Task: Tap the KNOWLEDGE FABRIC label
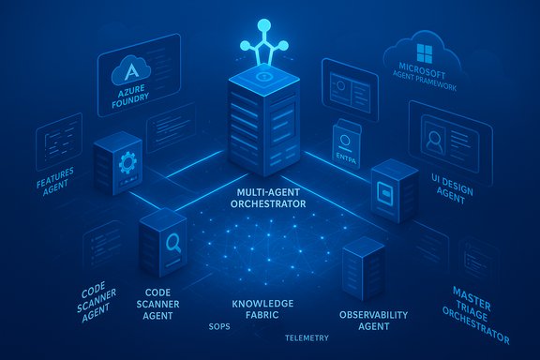(262, 310)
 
